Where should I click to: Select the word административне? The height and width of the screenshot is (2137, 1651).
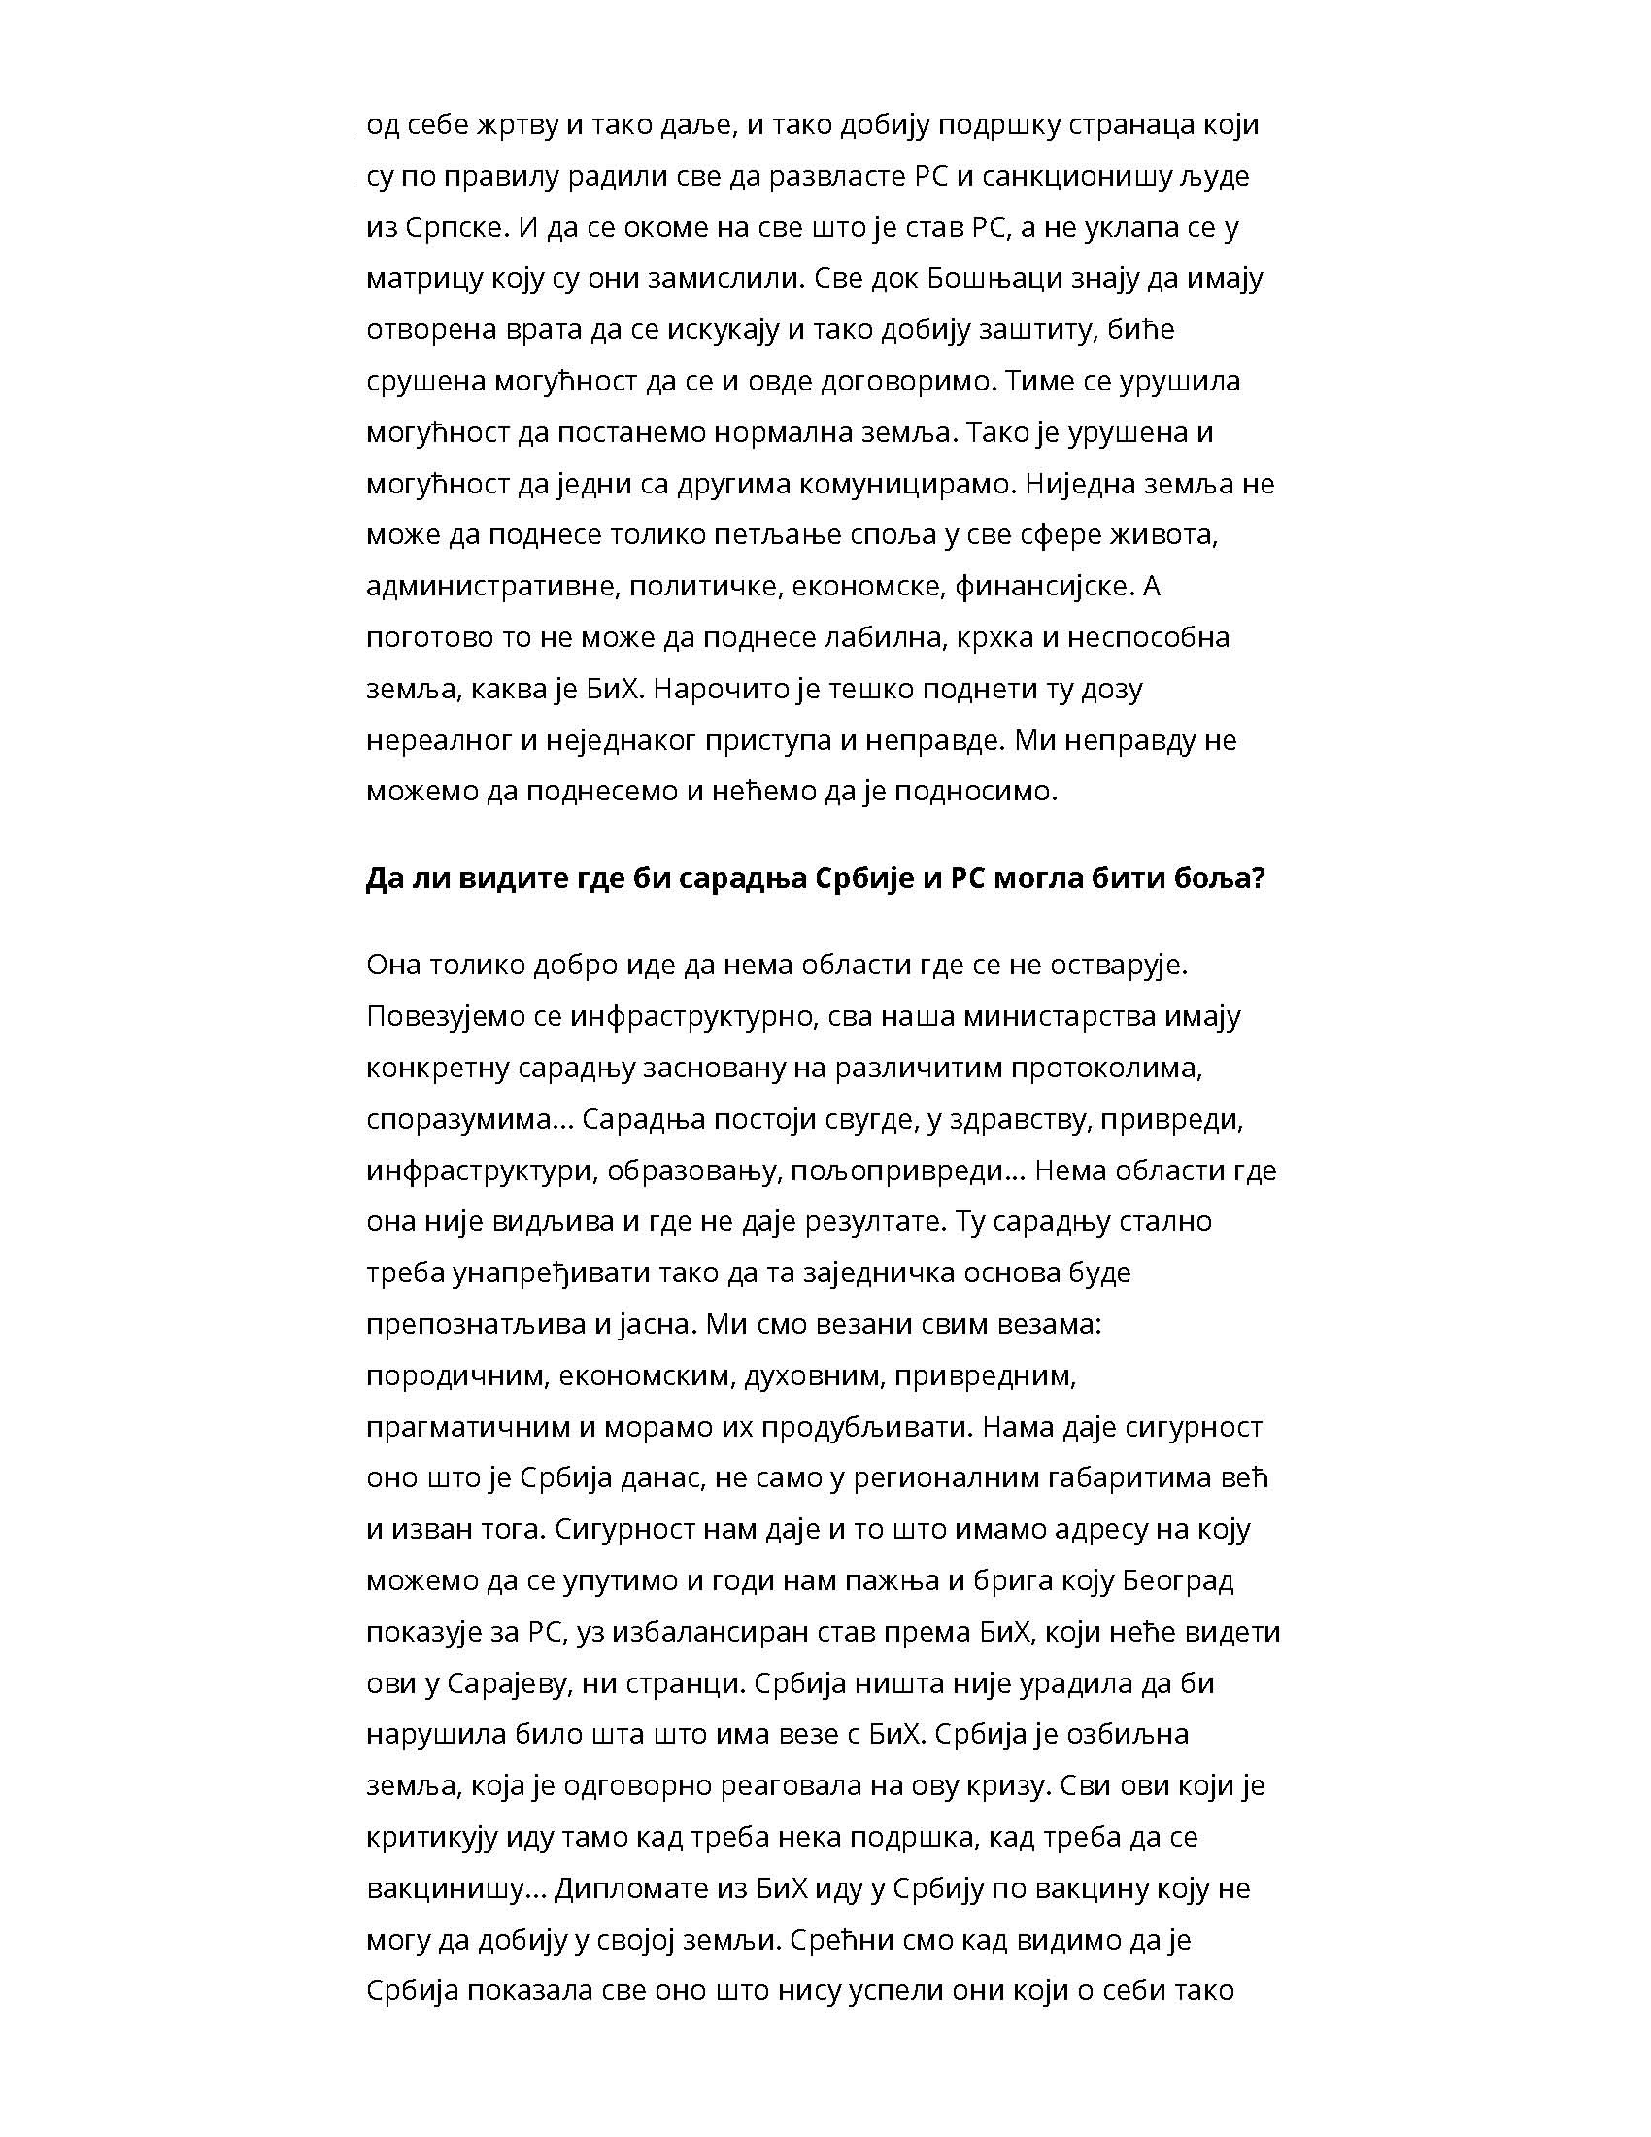[489, 587]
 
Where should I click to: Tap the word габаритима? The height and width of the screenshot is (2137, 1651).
[1129, 1477]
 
